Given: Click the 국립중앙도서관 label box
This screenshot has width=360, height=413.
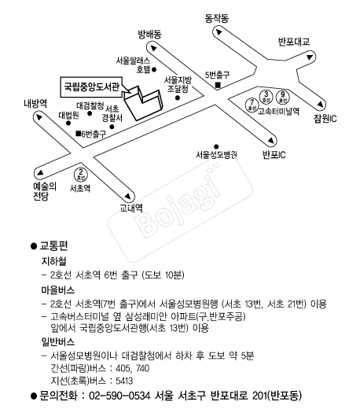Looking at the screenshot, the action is tap(92, 87).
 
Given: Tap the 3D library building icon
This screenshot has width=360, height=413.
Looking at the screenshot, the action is tap(143, 103).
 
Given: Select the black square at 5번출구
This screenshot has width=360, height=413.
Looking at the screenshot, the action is tap(218, 85).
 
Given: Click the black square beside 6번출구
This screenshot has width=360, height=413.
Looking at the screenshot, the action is tap(78, 133).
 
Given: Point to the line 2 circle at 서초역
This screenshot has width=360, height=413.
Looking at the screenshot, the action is tap(81, 174).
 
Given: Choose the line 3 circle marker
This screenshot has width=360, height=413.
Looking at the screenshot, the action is tap(266, 97).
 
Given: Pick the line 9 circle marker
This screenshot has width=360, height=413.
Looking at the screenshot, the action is tap(283, 97).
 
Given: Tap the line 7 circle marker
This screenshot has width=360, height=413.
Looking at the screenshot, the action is tap(252, 105).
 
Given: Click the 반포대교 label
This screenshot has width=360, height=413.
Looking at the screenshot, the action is tap(294, 42).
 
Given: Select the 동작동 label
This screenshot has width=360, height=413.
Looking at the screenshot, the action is tap(217, 18).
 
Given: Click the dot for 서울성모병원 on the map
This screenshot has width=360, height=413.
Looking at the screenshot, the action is tap(216, 146).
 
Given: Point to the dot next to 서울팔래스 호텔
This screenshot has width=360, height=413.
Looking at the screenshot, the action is tap(154, 69).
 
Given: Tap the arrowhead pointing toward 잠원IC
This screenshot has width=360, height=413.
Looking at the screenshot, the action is tap(321, 104).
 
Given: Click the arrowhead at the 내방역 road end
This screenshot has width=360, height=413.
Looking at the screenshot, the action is tap(39, 116).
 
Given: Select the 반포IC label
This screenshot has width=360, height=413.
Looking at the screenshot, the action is tap(274, 155).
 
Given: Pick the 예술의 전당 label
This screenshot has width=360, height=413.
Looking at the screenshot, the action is tap(45, 191).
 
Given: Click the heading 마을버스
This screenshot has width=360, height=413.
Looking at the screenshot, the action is tap(58, 290).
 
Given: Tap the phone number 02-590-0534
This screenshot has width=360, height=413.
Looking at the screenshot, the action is tap(119, 396).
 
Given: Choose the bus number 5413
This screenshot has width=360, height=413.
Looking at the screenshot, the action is tap(124, 381).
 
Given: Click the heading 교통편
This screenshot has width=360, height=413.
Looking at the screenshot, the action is tap(53, 245).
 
